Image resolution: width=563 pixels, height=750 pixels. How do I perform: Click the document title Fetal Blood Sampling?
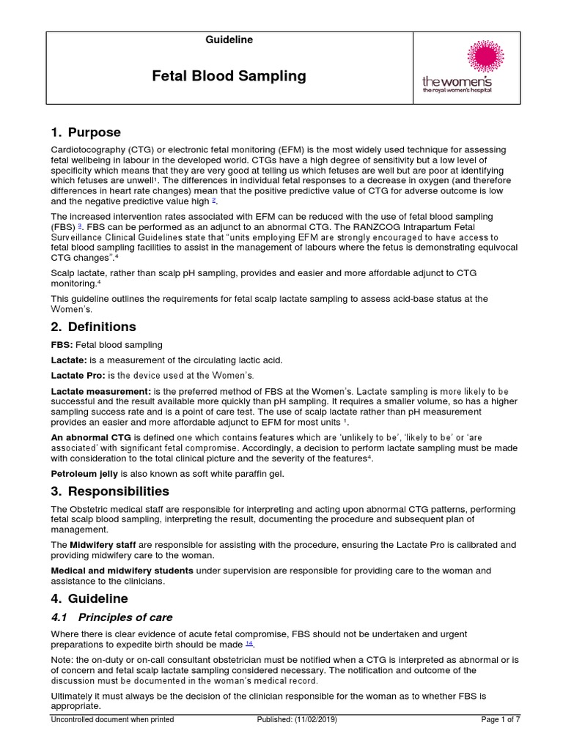coord(229,76)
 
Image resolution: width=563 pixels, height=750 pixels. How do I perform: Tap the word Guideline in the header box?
coord(229,40)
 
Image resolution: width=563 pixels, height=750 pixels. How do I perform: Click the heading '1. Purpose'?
coord(86,133)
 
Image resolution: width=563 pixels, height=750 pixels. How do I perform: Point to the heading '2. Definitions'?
coord(93,327)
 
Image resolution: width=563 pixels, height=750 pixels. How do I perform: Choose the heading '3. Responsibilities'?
coord(110,491)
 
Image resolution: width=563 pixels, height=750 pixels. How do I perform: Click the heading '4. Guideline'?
coord(89,598)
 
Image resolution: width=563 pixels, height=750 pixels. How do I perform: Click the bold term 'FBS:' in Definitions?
coord(62,345)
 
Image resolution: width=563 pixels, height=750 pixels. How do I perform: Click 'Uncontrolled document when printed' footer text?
coord(112,720)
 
